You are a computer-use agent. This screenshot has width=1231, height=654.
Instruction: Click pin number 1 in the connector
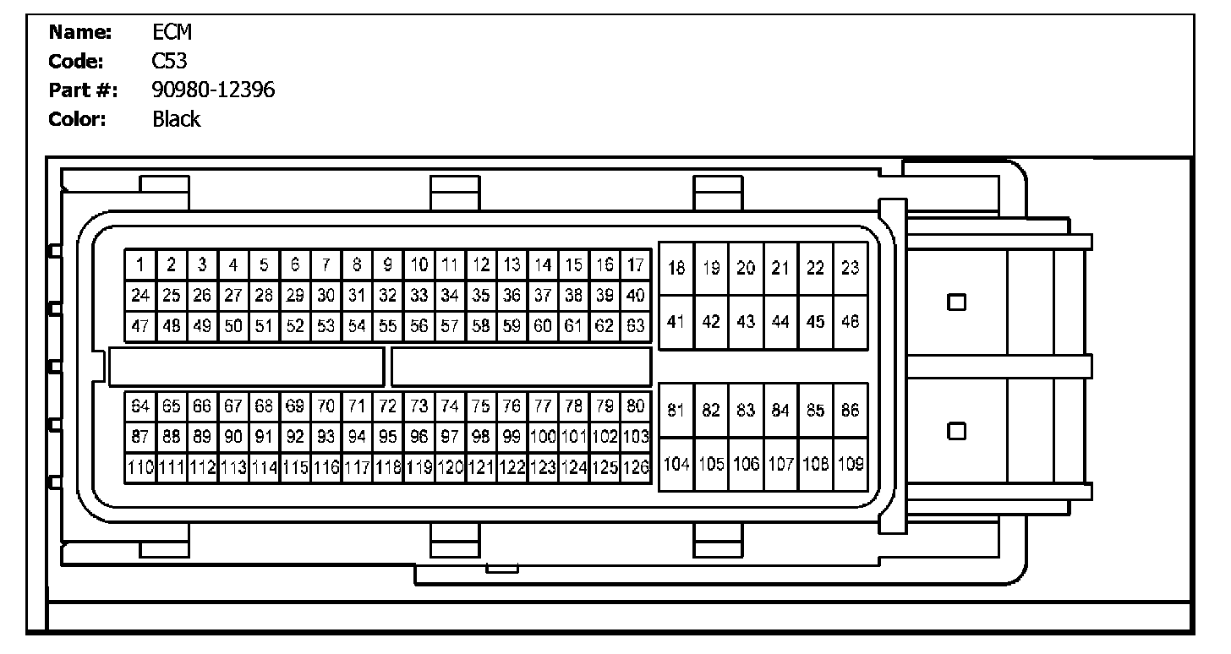140,264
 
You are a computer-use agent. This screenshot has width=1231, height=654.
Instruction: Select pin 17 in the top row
636,264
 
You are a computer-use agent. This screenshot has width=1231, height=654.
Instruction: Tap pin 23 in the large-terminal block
850,268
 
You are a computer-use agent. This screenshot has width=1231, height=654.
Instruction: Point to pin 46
850,322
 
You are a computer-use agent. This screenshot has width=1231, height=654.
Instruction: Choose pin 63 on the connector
636,325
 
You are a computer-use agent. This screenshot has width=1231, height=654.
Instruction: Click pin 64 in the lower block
140,406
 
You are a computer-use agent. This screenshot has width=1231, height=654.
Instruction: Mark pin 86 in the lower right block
850,411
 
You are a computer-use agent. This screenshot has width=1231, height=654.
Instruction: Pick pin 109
850,464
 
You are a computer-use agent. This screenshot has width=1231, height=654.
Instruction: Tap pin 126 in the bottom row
636,467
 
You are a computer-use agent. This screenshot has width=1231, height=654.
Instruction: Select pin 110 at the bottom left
140,467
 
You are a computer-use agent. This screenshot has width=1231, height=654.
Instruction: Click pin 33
419,296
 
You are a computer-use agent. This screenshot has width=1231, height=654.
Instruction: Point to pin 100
543,437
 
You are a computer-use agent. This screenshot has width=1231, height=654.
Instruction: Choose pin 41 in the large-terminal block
676,322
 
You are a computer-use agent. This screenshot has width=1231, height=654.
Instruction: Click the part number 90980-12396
213,90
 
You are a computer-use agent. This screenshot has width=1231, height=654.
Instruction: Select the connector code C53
169,61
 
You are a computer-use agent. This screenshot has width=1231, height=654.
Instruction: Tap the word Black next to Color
176,119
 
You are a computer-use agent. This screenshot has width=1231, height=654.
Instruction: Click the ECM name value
172,32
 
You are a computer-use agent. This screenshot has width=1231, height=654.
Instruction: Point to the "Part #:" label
83,90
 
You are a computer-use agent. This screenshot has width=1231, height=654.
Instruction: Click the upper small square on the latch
956,302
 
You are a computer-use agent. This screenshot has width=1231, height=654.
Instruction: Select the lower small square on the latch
956,431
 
